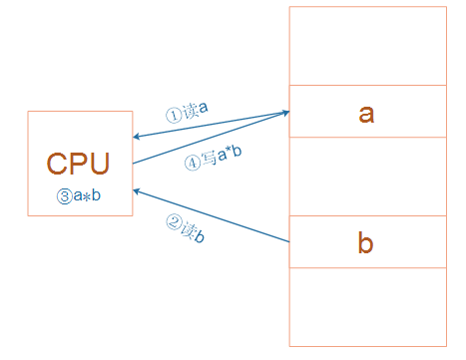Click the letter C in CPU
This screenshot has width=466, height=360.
click(57, 164)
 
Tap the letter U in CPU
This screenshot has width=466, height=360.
click(100, 164)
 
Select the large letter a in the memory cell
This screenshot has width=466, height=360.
click(366, 114)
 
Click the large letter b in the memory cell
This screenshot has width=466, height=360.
click(365, 242)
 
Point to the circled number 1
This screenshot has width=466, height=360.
click(174, 116)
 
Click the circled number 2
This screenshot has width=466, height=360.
click(174, 222)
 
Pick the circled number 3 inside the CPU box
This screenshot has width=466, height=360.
click(65, 196)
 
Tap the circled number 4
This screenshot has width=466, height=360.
click(193, 164)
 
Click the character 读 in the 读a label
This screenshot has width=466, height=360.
click(191, 111)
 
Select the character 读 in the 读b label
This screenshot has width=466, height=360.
click(189, 229)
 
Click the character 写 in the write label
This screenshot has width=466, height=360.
click(210, 158)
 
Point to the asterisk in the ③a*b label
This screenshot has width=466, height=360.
click(87, 197)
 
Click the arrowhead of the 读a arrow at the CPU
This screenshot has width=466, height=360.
click(136, 137)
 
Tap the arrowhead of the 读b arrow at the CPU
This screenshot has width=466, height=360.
click(136, 191)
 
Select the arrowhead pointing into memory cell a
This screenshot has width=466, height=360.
click(286, 113)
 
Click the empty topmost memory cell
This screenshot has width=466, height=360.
click(368, 46)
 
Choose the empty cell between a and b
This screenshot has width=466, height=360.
click(368, 177)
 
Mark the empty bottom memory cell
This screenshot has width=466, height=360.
click(368, 307)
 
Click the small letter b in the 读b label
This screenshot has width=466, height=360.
click(200, 235)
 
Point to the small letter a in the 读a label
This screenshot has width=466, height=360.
click(204, 108)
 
